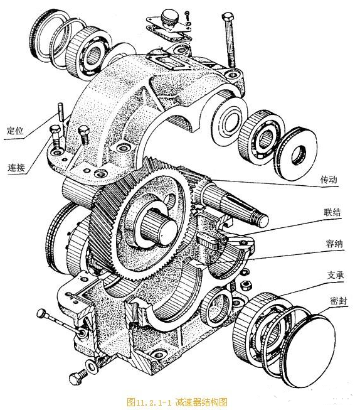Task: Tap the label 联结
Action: [x=333, y=213]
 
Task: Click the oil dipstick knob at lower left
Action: [x=42, y=312]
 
